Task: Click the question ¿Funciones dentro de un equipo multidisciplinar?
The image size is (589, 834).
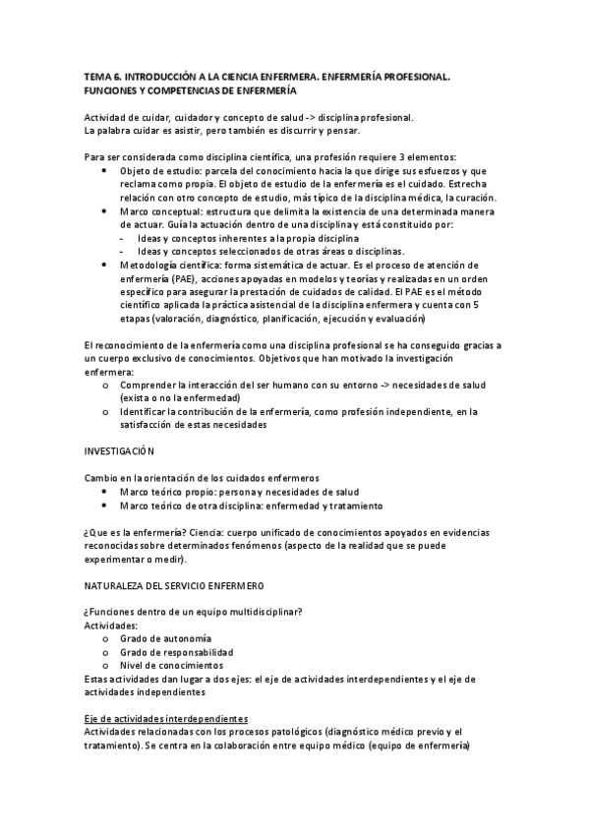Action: coord(194,612)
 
